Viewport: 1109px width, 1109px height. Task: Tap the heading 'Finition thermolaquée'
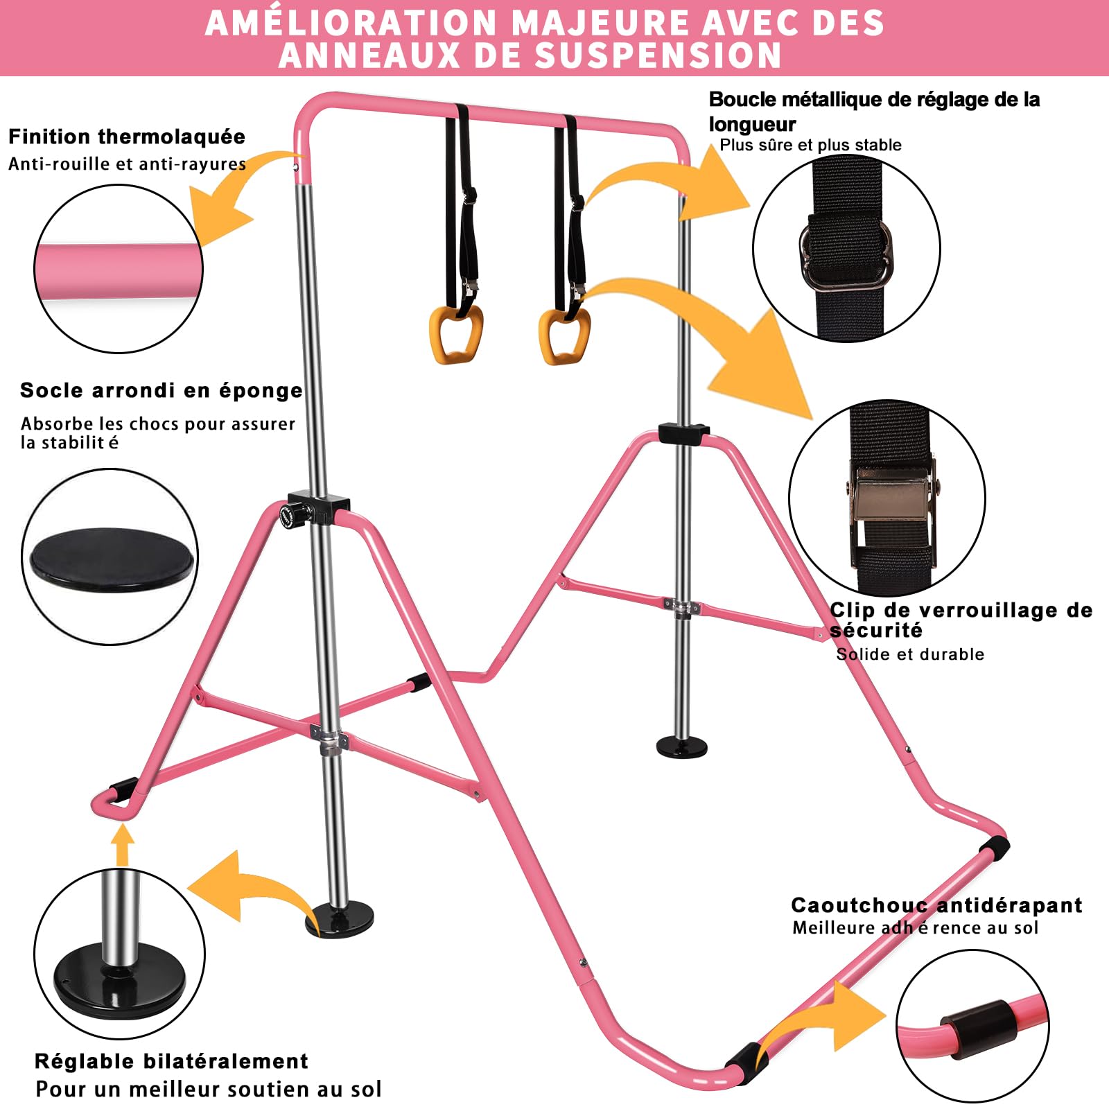click(127, 137)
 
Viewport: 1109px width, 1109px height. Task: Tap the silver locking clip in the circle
click(892, 496)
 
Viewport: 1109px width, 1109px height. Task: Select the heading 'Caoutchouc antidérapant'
click(936, 905)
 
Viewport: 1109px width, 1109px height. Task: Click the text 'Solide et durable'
click(910, 654)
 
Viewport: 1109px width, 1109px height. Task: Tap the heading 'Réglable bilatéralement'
click(171, 1061)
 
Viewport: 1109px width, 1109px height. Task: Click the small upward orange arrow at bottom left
click(123, 844)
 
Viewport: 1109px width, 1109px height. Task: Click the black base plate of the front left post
click(340, 920)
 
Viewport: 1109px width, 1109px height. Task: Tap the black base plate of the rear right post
click(683, 746)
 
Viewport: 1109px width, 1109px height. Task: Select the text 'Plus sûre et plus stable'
click(810, 145)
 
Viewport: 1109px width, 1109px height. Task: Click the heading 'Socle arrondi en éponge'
click(161, 391)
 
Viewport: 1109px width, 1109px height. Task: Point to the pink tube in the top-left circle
click(119, 271)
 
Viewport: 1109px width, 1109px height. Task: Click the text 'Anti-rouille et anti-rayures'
click(127, 164)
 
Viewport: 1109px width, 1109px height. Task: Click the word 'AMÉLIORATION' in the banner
click(351, 22)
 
